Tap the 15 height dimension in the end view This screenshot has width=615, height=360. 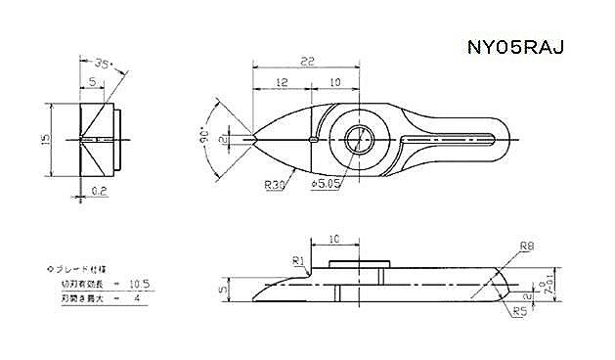[x=45, y=140]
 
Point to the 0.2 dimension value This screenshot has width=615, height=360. [x=99, y=190]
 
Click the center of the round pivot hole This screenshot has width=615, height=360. [x=358, y=140]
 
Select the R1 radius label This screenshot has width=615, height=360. [x=299, y=259]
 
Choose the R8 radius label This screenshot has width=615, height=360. [x=527, y=246]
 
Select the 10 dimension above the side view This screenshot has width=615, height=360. [x=334, y=239]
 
